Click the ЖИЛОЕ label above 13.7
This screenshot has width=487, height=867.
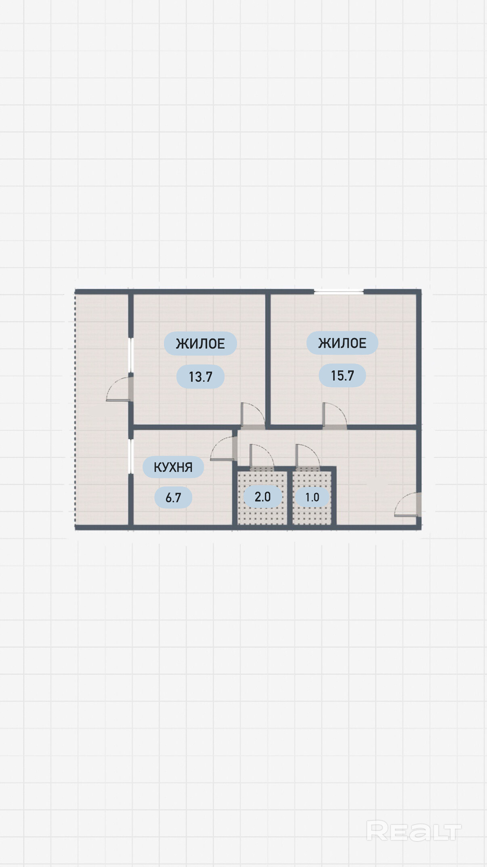click(x=200, y=344)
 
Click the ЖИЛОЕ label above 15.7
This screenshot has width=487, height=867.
click(x=342, y=343)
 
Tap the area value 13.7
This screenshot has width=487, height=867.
click(x=200, y=377)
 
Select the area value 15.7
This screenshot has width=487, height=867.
click(x=342, y=376)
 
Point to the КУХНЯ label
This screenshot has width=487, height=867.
click(x=173, y=467)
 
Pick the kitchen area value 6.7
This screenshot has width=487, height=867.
click(x=173, y=497)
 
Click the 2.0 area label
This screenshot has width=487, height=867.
click(x=262, y=497)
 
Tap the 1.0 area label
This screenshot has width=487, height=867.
click(x=312, y=497)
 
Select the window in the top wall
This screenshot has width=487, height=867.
click(x=339, y=291)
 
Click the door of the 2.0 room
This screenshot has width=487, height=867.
click(x=262, y=457)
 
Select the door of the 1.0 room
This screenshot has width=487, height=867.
click(x=308, y=457)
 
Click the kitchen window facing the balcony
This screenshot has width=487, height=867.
click(x=131, y=456)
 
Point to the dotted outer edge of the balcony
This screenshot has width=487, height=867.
click(x=75, y=409)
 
